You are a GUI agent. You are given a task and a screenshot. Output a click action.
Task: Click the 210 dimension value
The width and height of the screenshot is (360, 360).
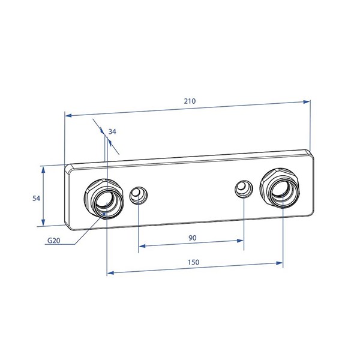(x=190, y=101)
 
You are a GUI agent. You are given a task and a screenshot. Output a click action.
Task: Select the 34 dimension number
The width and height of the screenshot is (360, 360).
(x=112, y=132)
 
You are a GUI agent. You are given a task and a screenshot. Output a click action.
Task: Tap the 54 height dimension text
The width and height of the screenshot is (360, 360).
(x=36, y=199)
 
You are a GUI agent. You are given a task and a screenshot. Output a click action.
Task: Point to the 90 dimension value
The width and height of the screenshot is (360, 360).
(x=193, y=238)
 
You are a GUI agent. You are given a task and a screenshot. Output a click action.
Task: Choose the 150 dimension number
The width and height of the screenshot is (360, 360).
(x=194, y=262)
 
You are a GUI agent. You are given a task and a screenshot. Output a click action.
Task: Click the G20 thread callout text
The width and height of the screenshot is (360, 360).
(x=54, y=241)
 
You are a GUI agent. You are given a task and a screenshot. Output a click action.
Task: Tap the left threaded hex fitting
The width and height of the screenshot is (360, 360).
(x=104, y=199)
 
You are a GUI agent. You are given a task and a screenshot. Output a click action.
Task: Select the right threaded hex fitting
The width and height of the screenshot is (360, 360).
(x=280, y=188)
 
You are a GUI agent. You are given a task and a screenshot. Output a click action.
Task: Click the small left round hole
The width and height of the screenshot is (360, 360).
(x=138, y=195)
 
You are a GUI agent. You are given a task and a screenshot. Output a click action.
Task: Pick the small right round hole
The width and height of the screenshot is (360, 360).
(x=244, y=189)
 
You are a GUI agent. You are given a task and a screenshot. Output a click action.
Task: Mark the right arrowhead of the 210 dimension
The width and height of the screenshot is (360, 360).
(x=307, y=102)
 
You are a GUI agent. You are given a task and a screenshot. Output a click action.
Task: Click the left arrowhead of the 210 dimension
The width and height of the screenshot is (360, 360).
(x=68, y=115)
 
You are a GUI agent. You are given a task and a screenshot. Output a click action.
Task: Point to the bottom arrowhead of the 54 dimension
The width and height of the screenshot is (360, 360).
(x=43, y=222)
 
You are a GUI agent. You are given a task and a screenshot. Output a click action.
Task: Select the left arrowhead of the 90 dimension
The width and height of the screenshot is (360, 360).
(x=142, y=246)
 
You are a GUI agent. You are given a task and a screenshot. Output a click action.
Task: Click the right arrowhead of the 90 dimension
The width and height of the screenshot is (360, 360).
(x=240, y=241)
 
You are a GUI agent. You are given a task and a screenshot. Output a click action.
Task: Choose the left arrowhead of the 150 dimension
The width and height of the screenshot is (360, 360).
(x=110, y=273)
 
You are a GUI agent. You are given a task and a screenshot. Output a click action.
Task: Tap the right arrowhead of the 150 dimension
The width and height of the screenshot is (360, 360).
(x=279, y=263)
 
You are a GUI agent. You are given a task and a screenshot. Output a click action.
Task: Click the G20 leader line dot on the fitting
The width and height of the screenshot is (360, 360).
(x=104, y=214)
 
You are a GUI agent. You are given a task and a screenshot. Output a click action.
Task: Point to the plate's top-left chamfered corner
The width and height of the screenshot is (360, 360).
(x=68, y=167)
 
